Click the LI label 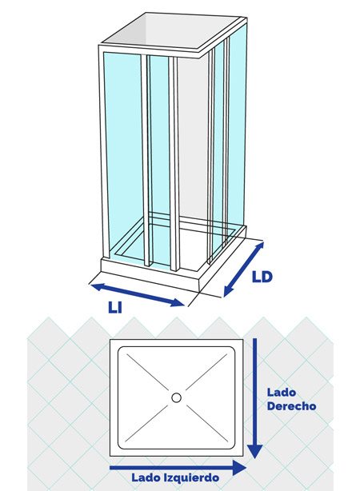coord(114,307)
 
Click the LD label coord(262,277)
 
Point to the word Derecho coord(291,405)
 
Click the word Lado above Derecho coord(282,392)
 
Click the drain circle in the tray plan coord(176,397)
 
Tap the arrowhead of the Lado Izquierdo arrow coord(240,468)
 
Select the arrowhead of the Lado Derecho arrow coord(255,452)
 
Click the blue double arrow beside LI coord(138,294)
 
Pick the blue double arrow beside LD coord(244,269)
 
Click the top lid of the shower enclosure coord(173,33)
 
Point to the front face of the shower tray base coord(150,275)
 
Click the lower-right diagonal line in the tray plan coord(206,423)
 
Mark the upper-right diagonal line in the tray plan coord(206,372)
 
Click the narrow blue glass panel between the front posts coord(160,160)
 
